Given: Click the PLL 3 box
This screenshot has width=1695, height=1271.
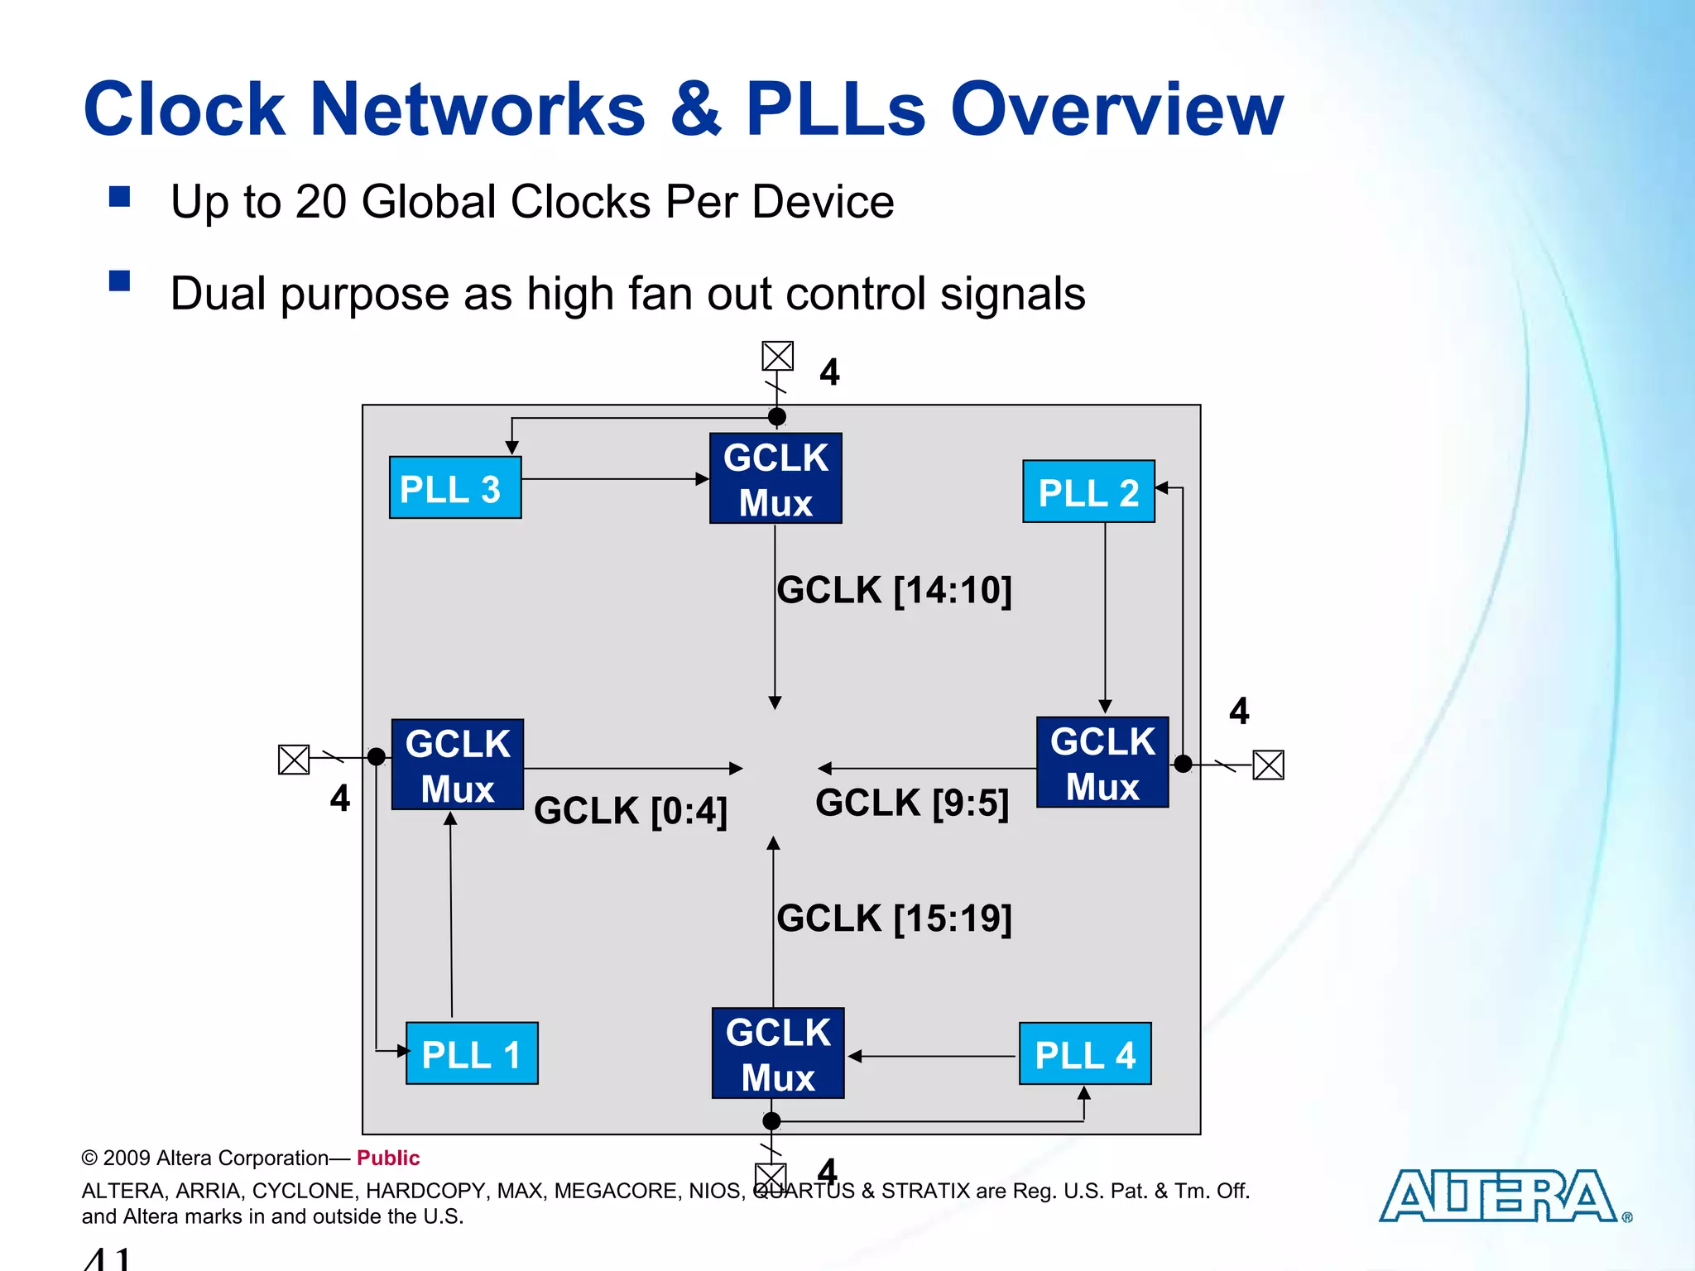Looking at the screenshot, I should (455, 488).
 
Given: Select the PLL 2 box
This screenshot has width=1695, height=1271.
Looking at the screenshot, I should (1088, 492).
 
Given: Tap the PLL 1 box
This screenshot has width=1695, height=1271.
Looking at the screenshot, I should (472, 1053).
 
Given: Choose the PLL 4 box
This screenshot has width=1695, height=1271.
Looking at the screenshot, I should (1085, 1054).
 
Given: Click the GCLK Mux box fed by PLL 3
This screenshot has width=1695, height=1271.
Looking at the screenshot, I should (775, 479).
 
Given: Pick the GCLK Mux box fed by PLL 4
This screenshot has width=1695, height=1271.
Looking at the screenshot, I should (778, 1053).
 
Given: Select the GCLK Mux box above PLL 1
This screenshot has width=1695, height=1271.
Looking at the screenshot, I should (457, 765).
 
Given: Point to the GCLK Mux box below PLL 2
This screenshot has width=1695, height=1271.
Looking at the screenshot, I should (1102, 763).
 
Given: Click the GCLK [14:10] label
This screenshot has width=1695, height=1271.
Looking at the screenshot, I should (894, 591).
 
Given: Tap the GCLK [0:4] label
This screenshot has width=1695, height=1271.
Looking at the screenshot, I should (631, 811).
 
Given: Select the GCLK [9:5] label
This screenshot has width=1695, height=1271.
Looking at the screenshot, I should (912, 803).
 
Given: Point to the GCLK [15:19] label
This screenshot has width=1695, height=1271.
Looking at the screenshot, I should (894, 919).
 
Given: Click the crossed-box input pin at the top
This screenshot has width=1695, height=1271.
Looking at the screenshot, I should (778, 357).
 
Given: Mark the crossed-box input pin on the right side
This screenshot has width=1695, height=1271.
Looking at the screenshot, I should (1268, 765).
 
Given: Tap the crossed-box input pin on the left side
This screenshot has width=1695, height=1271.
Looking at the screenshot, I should (294, 759).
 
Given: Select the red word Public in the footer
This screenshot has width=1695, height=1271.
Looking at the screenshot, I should (388, 1158).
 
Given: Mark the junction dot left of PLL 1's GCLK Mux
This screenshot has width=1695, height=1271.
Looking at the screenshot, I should (377, 756).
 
